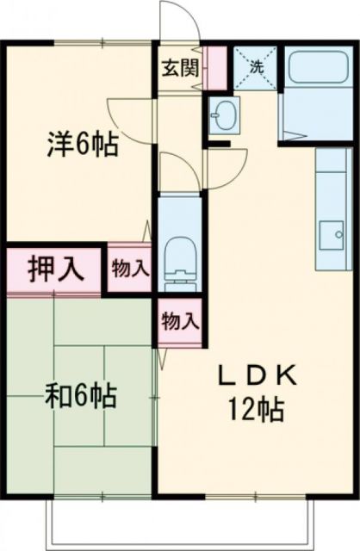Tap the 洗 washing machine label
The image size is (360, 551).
tap(255, 65)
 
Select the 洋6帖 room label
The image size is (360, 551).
tap(82, 143)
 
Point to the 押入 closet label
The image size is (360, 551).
tap(54, 269)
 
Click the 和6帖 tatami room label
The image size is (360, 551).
tap(82, 397)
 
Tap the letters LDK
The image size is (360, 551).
tap(256, 375)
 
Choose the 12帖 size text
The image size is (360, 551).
tap(256, 411)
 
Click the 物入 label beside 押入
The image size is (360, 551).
tap(130, 269)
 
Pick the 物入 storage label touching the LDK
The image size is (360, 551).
tap(180, 322)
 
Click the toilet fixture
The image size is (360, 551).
tap(181, 258)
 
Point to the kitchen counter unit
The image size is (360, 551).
tap(330, 207)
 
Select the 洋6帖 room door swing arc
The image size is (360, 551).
tap(129, 116)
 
